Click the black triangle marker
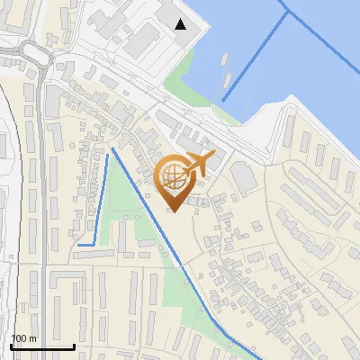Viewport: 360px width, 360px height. [x=181, y=24]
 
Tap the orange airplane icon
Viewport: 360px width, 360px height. [x=199, y=164]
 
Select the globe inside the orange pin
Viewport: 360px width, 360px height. [x=175, y=177]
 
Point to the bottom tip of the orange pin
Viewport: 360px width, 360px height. [x=175, y=212]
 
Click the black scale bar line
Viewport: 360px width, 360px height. [x=41, y=346]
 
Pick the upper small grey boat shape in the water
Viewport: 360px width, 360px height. [x=223, y=58]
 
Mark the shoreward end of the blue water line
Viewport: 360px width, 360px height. [x=222, y=99]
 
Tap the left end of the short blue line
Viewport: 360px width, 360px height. [x=79, y=244]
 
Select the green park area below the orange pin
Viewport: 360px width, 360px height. [x=135, y=225]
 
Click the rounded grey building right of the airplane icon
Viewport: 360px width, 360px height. [x=244, y=175]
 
